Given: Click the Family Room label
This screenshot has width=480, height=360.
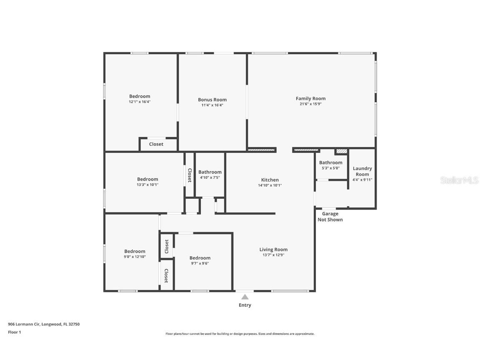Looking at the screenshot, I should (310, 99).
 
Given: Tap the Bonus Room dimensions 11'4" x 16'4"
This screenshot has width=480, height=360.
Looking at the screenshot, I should (212, 105).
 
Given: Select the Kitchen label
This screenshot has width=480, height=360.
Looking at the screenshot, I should (270, 180).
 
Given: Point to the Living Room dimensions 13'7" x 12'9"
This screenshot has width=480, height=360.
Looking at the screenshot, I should (273, 255).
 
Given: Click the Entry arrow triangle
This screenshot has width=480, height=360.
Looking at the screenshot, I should (245, 297).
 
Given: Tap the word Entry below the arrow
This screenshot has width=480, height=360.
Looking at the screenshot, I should (245, 305).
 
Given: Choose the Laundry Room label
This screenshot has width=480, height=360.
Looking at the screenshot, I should (362, 171).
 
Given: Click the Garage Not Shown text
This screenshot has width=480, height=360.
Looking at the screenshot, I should (330, 217).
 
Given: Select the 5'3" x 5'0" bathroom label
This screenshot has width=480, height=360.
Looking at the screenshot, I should (330, 163).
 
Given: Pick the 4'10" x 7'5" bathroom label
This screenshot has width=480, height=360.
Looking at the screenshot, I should (210, 172).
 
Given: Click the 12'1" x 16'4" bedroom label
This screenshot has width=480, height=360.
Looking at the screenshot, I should (140, 96).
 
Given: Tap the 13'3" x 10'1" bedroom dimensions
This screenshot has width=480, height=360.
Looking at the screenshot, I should (147, 185).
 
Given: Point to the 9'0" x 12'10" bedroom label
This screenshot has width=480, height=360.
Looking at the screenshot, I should (135, 251).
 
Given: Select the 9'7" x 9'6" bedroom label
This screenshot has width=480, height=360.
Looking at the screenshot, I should (200, 258).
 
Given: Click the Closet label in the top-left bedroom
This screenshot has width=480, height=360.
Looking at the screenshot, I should (156, 144).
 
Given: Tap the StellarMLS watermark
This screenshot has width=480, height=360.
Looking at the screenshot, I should (460, 180).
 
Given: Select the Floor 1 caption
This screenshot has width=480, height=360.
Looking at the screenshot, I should (14, 332).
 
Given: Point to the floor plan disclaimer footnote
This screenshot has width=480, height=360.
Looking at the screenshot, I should (240, 334).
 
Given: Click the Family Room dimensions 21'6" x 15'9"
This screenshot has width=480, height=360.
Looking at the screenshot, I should (310, 104).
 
